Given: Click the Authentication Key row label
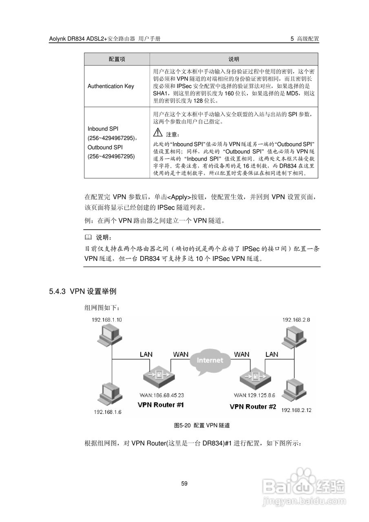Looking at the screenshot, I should [x=110, y=86].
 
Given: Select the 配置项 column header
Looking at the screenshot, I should [x=117, y=59].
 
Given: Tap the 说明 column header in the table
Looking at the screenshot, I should [x=234, y=59].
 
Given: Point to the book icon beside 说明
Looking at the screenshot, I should [x=88, y=237].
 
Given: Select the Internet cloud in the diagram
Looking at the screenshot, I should [x=210, y=361].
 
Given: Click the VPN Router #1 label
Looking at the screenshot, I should [x=161, y=405].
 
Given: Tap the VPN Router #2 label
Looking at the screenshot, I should [x=253, y=407].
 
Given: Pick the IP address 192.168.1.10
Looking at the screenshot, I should [x=107, y=319].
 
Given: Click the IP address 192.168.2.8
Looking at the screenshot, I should [x=296, y=319].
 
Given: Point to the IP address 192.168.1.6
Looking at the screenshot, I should [x=108, y=412].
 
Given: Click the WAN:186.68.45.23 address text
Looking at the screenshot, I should [x=161, y=395].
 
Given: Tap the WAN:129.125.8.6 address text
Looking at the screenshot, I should [x=255, y=395].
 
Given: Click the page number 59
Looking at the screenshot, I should [x=184, y=484].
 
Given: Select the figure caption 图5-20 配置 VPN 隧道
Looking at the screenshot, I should [x=202, y=425].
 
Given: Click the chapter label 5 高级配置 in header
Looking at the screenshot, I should [x=305, y=39].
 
